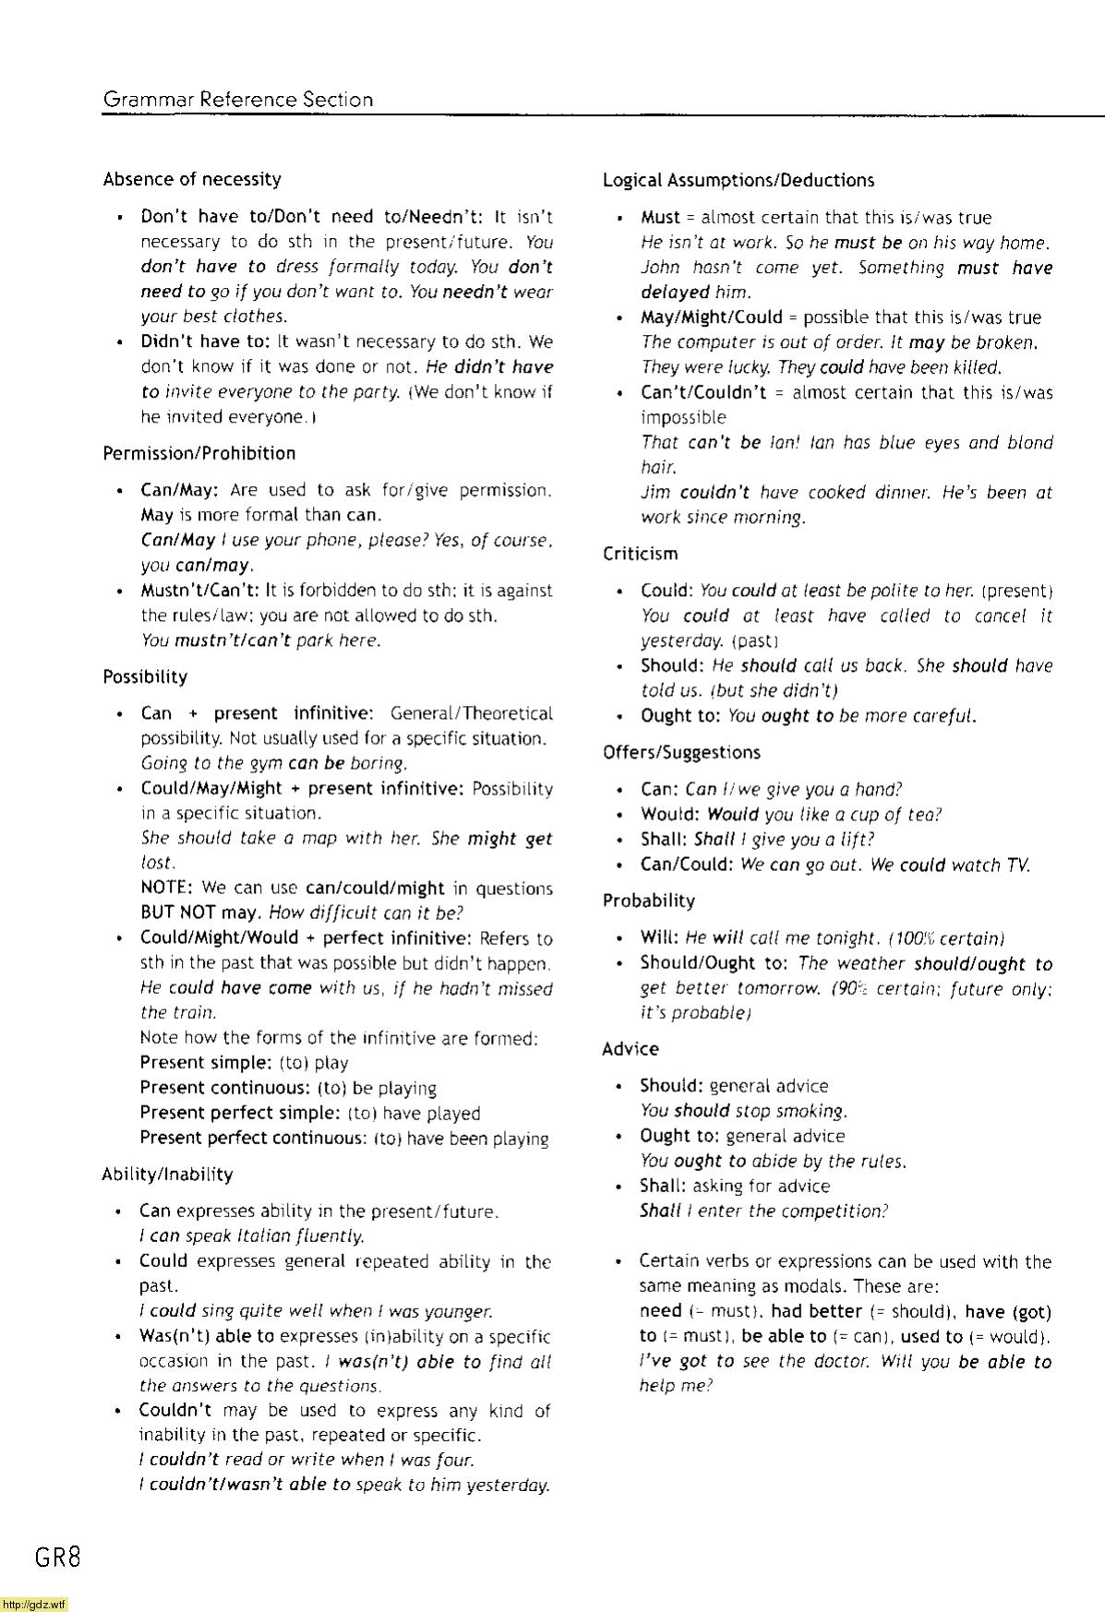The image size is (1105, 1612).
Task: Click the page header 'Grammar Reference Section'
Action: [x=238, y=100]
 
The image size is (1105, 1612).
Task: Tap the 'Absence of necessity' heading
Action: [x=192, y=179]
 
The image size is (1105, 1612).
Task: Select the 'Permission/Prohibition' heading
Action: [x=199, y=453]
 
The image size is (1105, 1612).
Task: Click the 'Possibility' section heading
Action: [x=145, y=676]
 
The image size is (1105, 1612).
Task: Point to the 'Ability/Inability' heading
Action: [x=167, y=1174]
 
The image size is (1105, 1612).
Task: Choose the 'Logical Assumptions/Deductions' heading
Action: [x=739, y=180]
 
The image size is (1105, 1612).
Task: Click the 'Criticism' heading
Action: [x=640, y=554]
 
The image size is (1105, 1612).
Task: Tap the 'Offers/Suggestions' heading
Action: [x=681, y=752]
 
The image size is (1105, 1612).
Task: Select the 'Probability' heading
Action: [x=648, y=901]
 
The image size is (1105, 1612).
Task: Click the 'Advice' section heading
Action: [x=631, y=1049]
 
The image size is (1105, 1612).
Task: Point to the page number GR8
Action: [x=58, y=1558]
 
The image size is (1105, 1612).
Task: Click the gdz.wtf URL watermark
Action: [x=34, y=1605]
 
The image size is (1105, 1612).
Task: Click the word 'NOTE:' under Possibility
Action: [x=166, y=888]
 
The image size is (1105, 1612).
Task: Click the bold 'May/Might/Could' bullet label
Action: [x=712, y=317]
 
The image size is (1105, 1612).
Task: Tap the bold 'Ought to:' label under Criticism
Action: [x=680, y=716]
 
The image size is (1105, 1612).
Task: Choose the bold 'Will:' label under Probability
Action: [x=660, y=938]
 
